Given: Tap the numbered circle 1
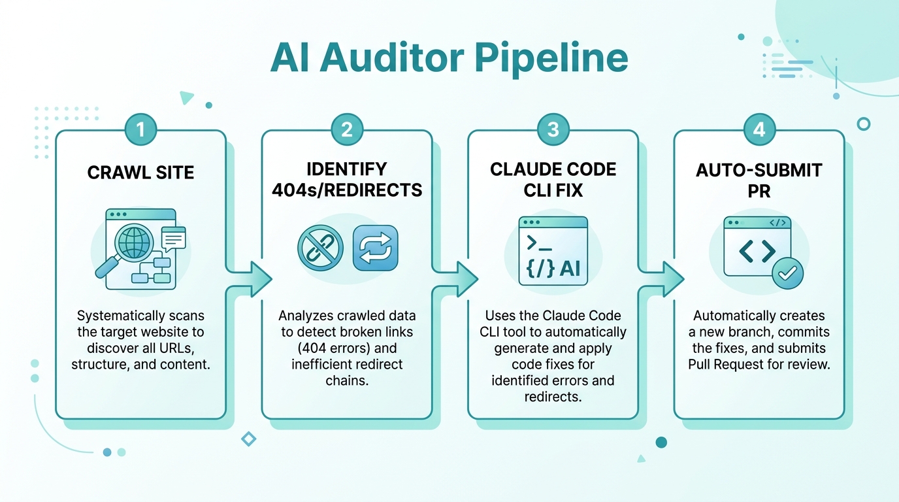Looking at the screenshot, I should coord(140,129).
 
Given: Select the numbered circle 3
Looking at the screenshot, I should coord(553,129).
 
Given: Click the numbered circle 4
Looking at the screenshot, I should coord(759,129).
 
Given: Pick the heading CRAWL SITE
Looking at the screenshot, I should coord(140,173).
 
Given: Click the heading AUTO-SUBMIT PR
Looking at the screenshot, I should coord(759,180).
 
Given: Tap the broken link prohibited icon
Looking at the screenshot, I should coord(321,248).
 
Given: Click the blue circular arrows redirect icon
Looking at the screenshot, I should coord(375,248).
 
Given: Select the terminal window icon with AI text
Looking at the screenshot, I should coord(553,252).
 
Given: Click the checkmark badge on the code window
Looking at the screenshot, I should coord(787,273).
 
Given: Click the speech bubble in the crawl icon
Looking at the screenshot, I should coord(174,238).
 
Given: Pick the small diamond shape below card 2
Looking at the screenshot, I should coord(249,439).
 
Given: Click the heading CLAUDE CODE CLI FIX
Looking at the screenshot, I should coord(553,180).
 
